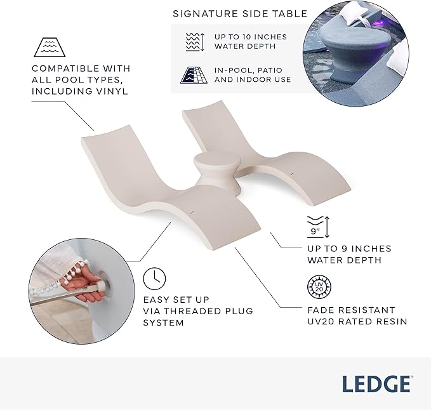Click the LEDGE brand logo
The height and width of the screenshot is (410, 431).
pos(377,384)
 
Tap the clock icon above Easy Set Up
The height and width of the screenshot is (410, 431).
pos(153,278)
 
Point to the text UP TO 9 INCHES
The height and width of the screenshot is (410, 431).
pos(349,248)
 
